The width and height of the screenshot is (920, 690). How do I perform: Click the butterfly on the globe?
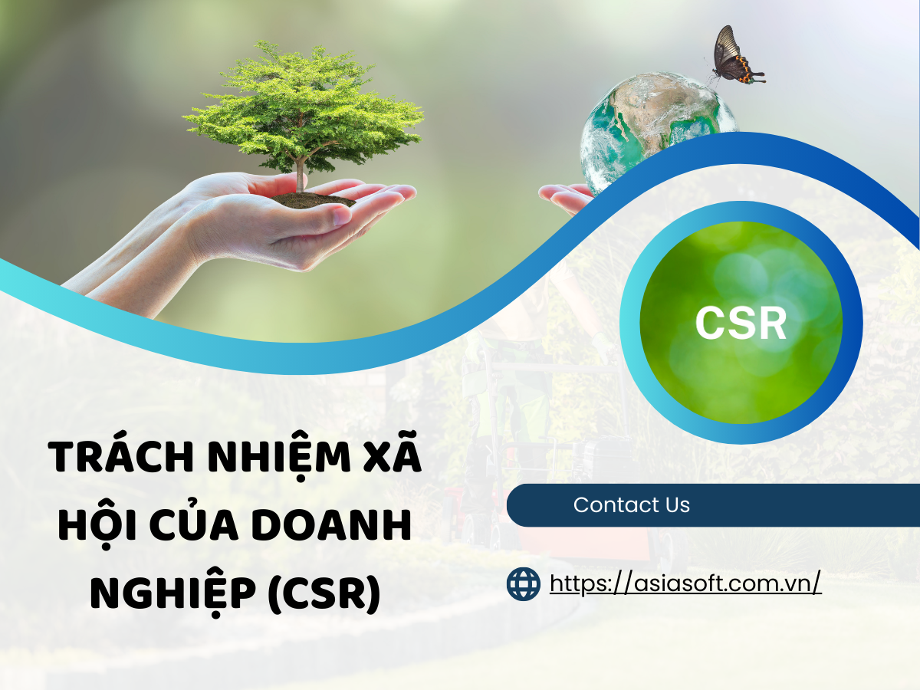point(734,58)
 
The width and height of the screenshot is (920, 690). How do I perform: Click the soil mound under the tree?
point(314,199)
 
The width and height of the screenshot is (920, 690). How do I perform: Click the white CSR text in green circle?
point(741,323)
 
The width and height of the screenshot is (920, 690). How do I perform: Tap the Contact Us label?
point(631,505)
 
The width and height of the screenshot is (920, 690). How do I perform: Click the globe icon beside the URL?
point(524,584)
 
